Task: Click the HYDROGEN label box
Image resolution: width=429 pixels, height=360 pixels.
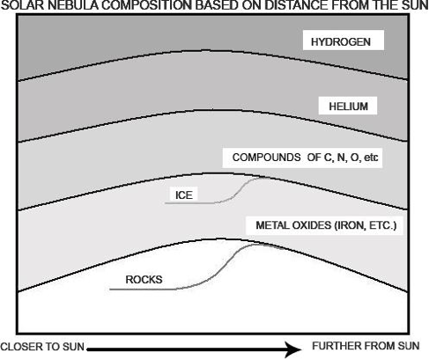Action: click(344, 40)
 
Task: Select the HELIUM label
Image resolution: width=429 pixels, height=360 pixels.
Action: click(348, 106)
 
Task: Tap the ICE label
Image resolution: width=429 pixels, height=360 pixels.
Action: click(184, 195)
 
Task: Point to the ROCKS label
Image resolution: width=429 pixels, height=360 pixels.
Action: click(144, 279)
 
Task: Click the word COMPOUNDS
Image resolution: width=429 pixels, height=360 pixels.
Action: click(266, 158)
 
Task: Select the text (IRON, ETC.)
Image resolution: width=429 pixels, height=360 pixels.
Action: click(366, 225)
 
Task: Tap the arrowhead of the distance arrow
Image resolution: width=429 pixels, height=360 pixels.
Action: click(293, 349)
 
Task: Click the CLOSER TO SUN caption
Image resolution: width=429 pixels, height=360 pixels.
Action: click(42, 347)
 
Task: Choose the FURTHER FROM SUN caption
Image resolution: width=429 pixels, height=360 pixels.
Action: click(366, 346)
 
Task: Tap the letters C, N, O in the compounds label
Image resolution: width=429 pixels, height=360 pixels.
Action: click(342, 158)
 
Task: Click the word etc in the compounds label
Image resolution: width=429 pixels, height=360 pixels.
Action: click(371, 158)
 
